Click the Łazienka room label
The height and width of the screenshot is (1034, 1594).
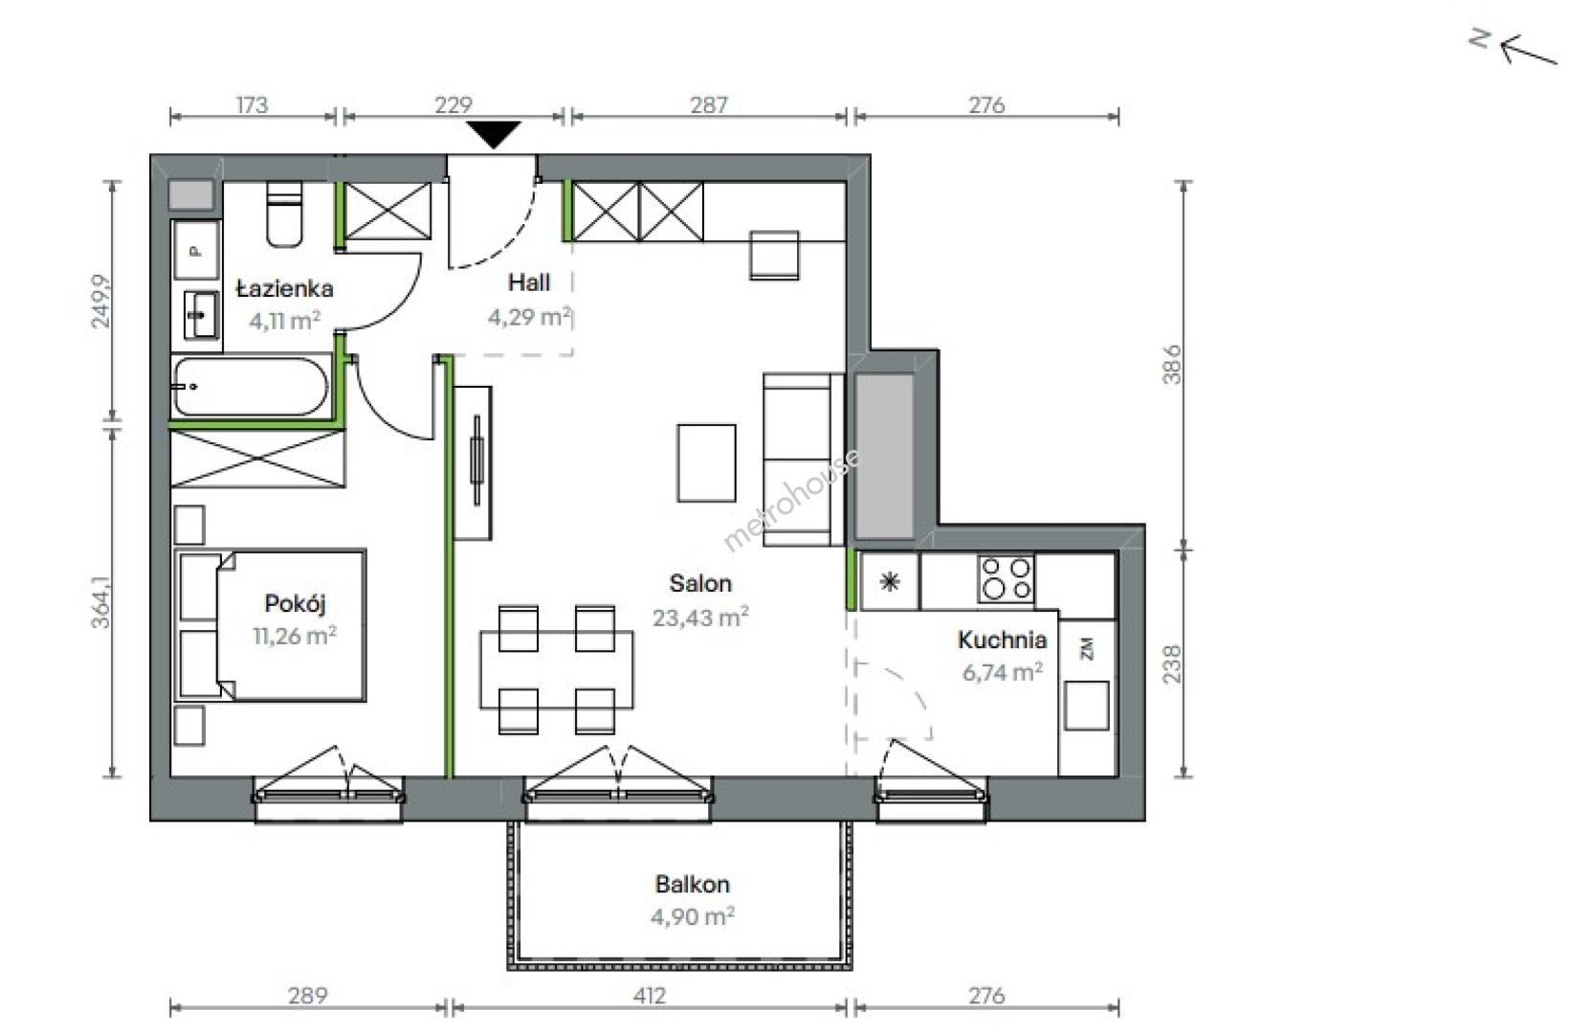285,288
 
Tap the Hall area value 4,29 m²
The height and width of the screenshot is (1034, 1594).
530,316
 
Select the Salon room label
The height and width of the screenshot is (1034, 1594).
700,583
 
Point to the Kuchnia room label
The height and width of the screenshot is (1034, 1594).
1002,640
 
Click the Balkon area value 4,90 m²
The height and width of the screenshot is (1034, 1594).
693,916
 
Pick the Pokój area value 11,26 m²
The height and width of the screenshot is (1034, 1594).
295,635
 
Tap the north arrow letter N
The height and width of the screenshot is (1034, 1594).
1480,38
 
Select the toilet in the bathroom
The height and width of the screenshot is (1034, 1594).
284,214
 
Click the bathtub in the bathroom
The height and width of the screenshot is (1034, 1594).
252,387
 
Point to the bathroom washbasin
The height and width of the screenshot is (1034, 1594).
201,315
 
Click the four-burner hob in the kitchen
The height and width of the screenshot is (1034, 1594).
1006,579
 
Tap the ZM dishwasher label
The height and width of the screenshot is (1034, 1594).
1087,649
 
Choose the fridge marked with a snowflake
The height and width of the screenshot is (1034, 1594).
889,582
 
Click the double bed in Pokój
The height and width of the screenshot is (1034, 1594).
270,624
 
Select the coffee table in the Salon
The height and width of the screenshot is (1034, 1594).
706,462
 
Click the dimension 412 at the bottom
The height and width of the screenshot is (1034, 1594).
649,995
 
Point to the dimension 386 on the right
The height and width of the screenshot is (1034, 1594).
1171,365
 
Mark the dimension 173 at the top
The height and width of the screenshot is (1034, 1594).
252,104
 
